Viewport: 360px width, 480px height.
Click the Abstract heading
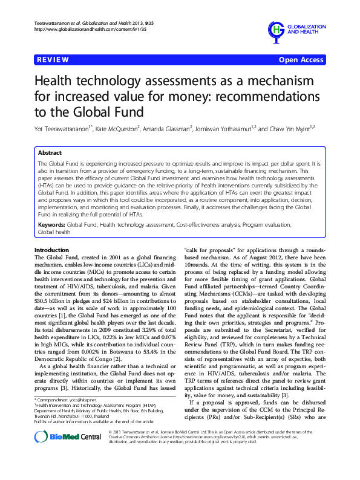click(50, 154)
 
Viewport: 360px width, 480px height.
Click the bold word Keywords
click(51, 225)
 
